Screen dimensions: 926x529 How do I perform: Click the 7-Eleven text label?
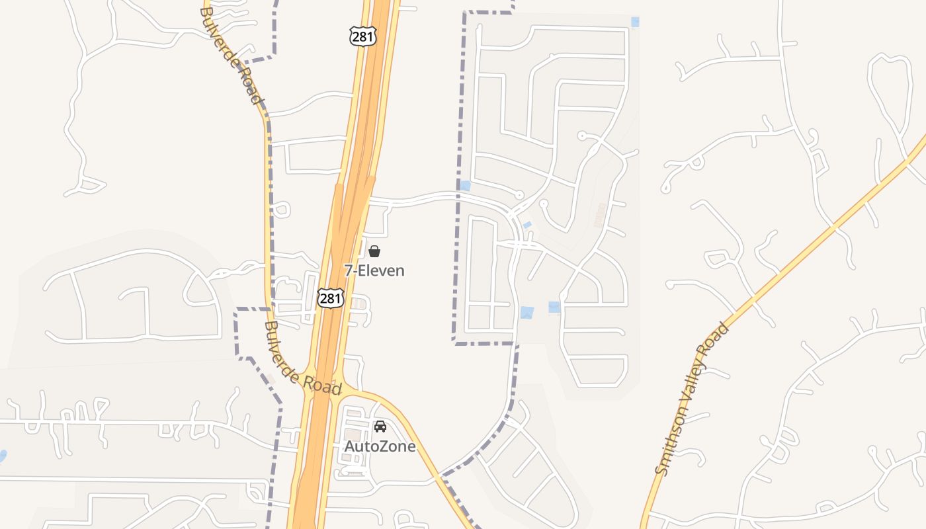pyautogui.click(x=374, y=270)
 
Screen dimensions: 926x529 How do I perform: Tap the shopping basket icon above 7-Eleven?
pyautogui.click(x=374, y=251)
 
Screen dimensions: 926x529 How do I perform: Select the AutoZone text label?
pyautogui.click(x=380, y=446)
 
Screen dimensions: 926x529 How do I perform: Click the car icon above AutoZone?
pyautogui.click(x=380, y=427)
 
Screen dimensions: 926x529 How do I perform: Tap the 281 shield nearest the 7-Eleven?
pyautogui.click(x=330, y=298)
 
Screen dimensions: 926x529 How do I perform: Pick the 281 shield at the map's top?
pyautogui.click(x=363, y=36)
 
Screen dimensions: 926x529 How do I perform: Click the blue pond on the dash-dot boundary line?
pyautogui.click(x=465, y=186)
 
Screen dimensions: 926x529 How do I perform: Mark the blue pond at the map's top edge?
pyautogui.click(x=635, y=22)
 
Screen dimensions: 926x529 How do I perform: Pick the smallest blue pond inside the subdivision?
pyautogui.click(x=527, y=225)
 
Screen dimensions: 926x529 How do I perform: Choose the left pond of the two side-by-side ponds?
pyautogui.click(x=526, y=312)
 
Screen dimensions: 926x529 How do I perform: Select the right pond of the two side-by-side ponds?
pyautogui.click(x=554, y=307)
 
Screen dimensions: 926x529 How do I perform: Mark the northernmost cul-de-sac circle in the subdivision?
pyautogui.click(x=582, y=136)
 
